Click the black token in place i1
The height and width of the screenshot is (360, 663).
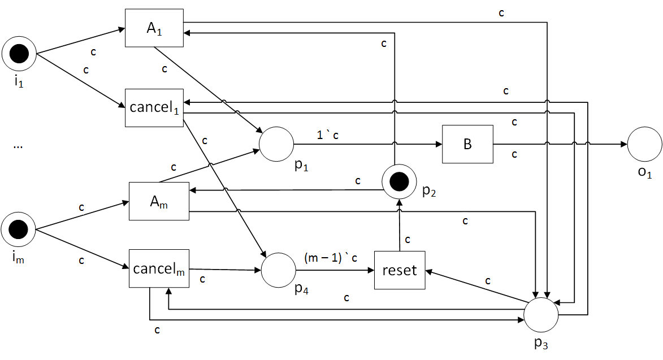coord(19,54)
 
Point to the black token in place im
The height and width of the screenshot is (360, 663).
coord(18,229)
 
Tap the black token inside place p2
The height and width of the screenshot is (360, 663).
coord(399,181)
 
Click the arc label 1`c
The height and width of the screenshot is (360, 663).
coord(328,135)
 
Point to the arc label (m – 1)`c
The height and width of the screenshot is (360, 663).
coord(331,257)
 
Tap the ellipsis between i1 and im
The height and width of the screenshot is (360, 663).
coord(18,146)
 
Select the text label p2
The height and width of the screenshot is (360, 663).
coord(429,192)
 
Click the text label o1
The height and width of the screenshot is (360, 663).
coord(645,172)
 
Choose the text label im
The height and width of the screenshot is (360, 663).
coord(18,258)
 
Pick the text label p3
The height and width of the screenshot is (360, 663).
coord(541,344)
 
